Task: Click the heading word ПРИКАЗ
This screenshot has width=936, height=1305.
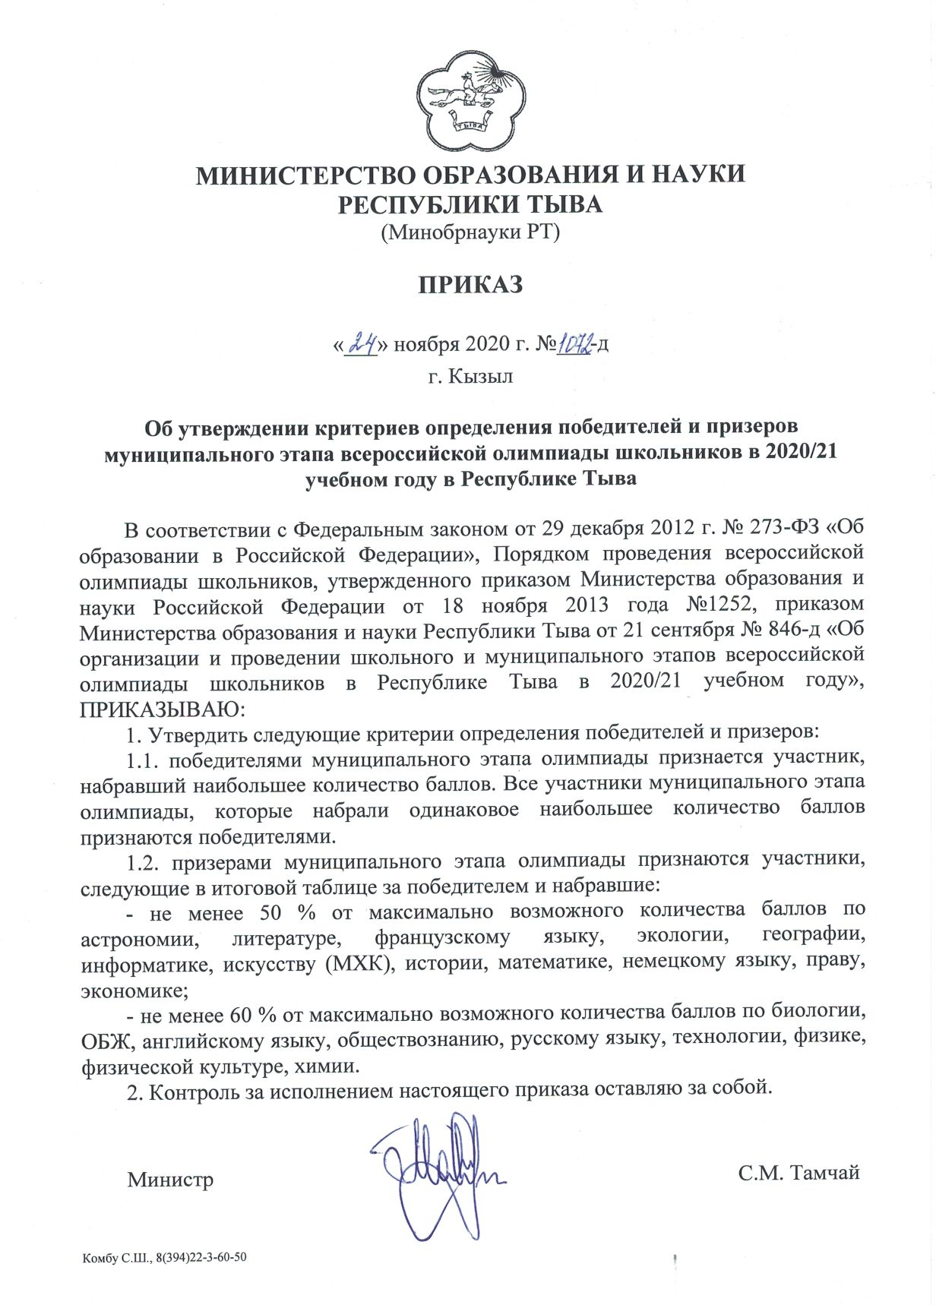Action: pyautogui.click(x=470, y=286)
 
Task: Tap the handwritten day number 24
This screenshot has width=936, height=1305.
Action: pyautogui.click(x=362, y=345)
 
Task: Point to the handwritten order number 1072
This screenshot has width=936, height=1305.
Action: pyautogui.click(x=576, y=345)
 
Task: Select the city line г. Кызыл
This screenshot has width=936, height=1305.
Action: pyautogui.click(x=470, y=376)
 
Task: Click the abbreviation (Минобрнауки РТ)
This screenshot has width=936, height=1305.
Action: pyautogui.click(x=470, y=232)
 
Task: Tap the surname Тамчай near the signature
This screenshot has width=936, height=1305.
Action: pyautogui.click(x=826, y=1173)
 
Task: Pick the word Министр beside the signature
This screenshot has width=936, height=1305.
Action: pyautogui.click(x=171, y=1180)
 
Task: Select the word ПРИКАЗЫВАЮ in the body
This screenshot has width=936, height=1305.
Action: pyautogui.click(x=162, y=709)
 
